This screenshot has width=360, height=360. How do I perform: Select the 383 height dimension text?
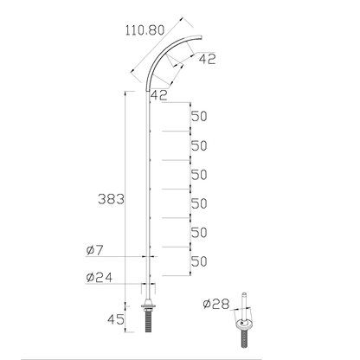tap(112, 199)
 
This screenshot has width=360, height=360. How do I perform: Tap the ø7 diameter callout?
tap(95, 251)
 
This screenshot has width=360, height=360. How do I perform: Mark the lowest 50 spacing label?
tap(199, 261)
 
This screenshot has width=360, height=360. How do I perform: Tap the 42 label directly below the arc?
tap(158, 94)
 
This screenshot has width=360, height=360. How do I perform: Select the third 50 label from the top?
tap(199, 175)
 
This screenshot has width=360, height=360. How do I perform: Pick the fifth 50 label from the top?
tap(199, 233)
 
